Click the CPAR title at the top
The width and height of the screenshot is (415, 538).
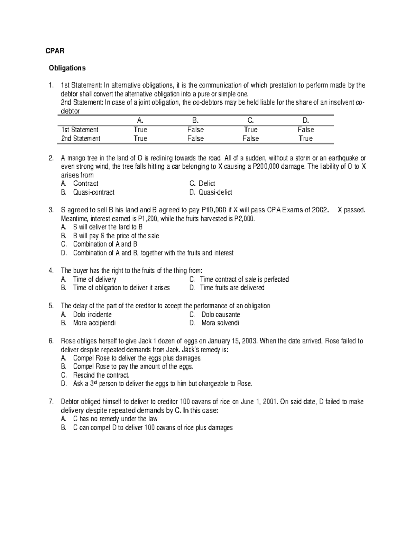point(55,51)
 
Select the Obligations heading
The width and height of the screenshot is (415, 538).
point(67,68)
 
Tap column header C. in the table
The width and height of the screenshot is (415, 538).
point(250,121)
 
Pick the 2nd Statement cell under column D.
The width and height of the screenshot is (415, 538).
point(306,139)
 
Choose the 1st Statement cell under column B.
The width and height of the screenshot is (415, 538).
point(195,130)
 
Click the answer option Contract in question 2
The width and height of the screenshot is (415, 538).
point(85,184)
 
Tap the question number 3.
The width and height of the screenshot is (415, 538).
point(51,210)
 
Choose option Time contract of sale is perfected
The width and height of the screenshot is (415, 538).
point(244,279)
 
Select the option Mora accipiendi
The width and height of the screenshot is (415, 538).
point(94,323)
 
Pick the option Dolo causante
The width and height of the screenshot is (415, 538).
point(221,315)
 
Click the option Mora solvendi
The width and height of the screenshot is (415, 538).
point(220,323)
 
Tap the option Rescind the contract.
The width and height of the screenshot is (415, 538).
point(101,375)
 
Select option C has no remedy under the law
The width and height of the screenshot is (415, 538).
point(115,419)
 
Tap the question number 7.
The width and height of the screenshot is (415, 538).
point(51,402)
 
